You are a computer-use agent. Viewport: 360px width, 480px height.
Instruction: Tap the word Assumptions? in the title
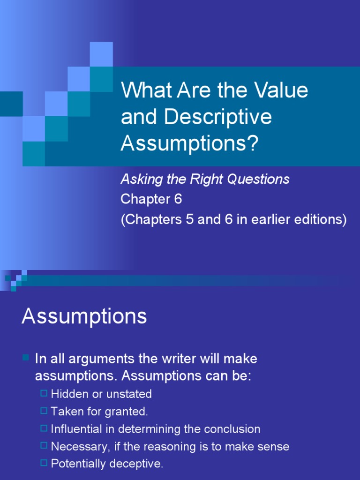(189, 144)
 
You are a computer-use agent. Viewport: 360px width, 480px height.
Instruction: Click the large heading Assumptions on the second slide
(84, 317)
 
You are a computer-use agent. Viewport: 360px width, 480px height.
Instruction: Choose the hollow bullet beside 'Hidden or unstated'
(44, 393)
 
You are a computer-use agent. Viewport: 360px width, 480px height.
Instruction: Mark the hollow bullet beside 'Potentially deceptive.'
(44, 463)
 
